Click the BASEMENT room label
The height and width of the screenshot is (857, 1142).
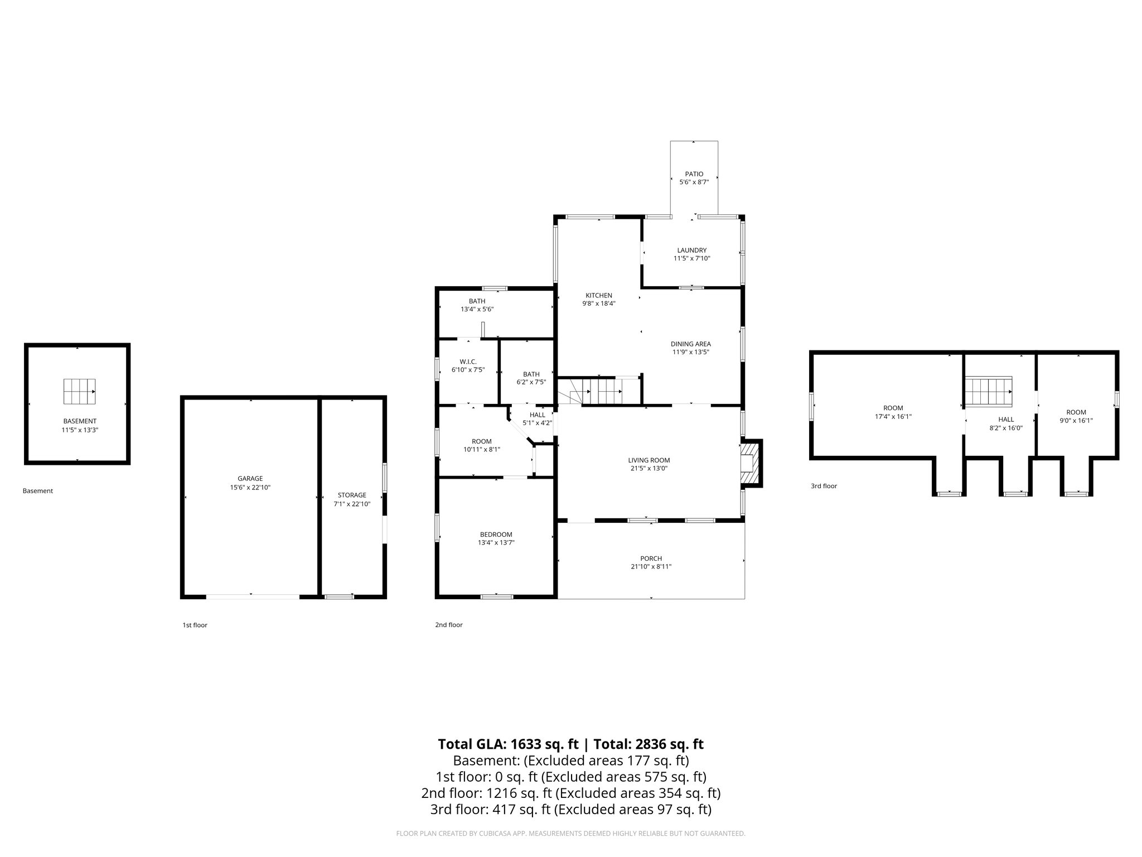click(x=80, y=421)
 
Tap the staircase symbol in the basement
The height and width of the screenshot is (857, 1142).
click(x=79, y=391)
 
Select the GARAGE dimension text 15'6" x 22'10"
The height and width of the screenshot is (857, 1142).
click(x=250, y=487)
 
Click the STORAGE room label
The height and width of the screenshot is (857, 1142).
click(x=352, y=495)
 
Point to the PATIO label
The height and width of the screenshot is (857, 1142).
click(x=694, y=174)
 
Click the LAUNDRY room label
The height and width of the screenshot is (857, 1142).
click(x=691, y=251)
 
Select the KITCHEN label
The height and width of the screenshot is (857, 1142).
click(x=599, y=295)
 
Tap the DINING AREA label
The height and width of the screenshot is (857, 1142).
click(x=690, y=344)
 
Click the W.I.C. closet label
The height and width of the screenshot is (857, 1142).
click(x=468, y=362)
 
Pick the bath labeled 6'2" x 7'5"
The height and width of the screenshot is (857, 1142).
click(x=531, y=378)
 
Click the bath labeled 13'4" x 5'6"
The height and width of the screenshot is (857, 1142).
click(x=477, y=305)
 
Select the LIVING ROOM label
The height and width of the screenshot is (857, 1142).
click(x=649, y=460)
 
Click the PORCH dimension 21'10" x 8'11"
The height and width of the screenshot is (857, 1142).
click(x=651, y=567)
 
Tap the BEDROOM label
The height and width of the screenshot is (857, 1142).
click(x=496, y=535)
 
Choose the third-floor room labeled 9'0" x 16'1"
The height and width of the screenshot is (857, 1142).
click(x=1076, y=417)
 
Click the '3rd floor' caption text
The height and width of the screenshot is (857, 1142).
click(x=824, y=486)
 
